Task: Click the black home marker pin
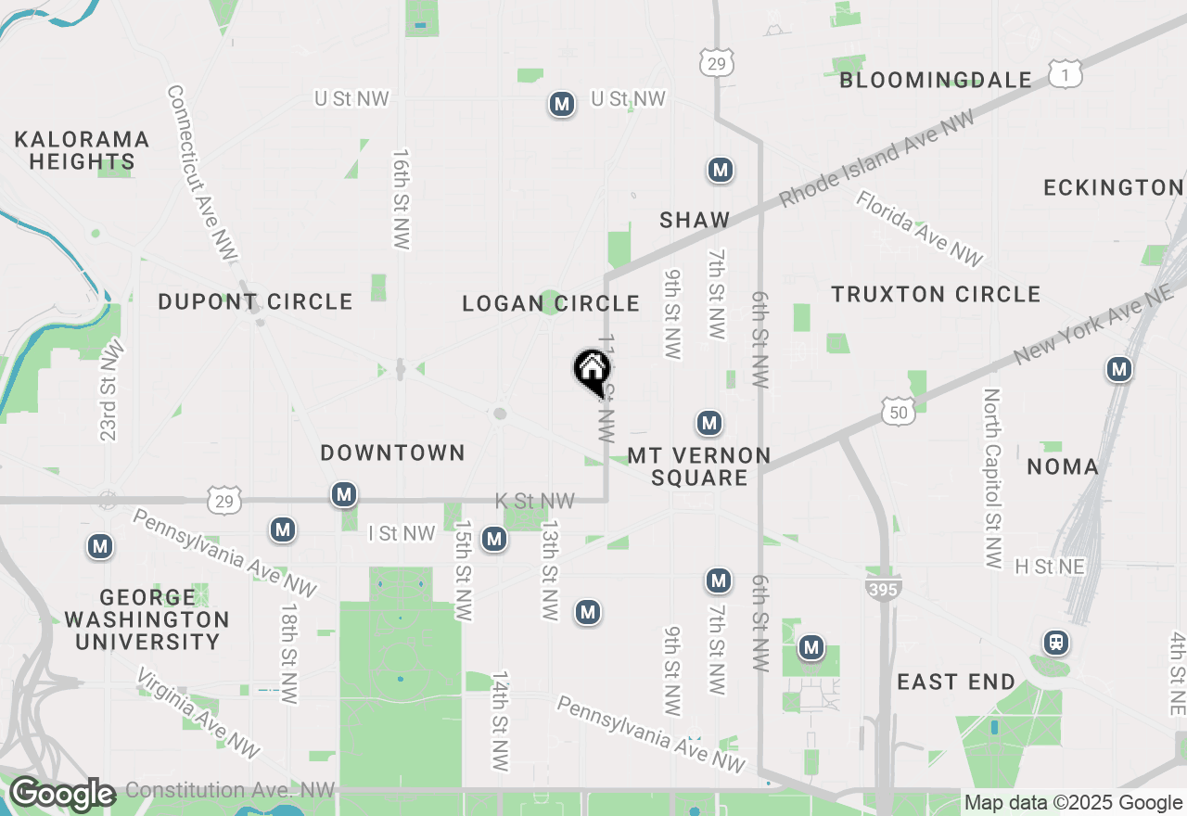pyautogui.click(x=592, y=371)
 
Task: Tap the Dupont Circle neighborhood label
pyautogui.click(x=255, y=302)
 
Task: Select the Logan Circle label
pyautogui.click(x=551, y=304)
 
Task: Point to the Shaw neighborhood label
pyautogui.click(x=695, y=221)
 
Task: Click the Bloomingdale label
pyautogui.click(x=935, y=81)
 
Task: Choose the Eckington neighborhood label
pyautogui.click(x=1113, y=188)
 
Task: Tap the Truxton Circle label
pyautogui.click(x=936, y=295)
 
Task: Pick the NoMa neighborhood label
pyautogui.click(x=1063, y=466)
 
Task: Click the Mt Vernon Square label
pyautogui.click(x=699, y=466)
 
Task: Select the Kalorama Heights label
pyautogui.click(x=82, y=150)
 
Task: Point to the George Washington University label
pyautogui.click(x=147, y=619)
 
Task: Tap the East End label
pyautogui.click(x=956, y=682)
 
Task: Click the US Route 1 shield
pyautogui.click(x=1066, y=73)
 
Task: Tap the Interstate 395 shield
pyautogui.click(x=883, y=587)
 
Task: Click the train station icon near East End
pyautogui.click(x=1055, y=642)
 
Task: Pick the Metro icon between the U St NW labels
pyautogui.click(x=561, y=104)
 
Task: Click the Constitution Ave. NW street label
pyautogui.click(x=230, y=791)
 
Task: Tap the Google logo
pyautogui.click(x=61, y=795)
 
